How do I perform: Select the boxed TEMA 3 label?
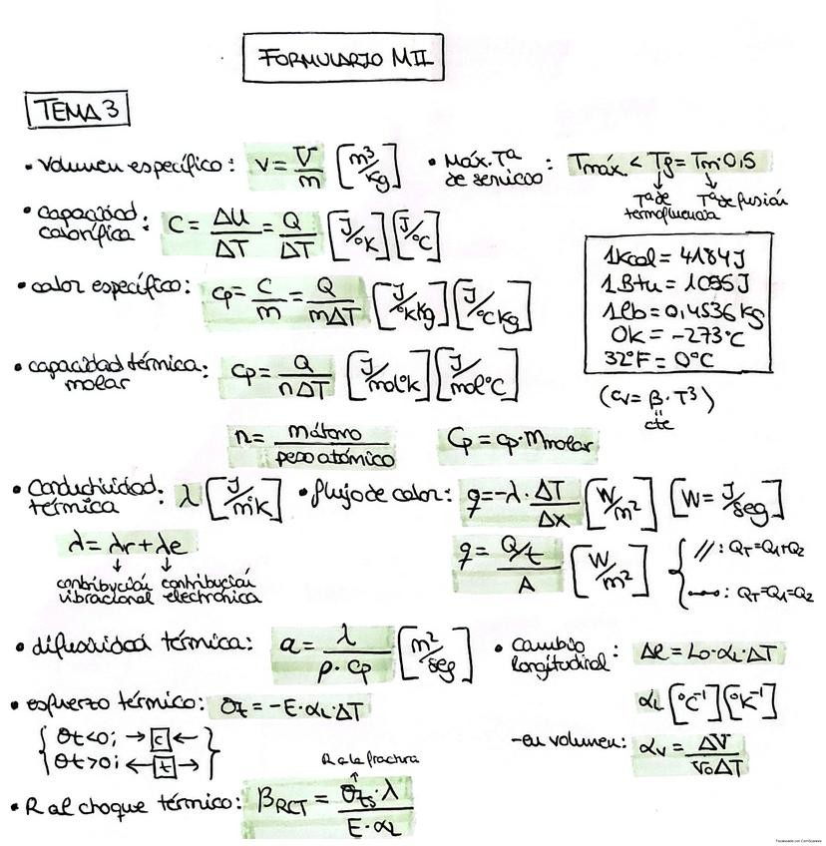point(77,111)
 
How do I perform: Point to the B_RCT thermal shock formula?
point(327,802)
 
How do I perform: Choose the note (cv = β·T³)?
point(657,400)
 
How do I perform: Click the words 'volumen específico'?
point(129,166)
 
